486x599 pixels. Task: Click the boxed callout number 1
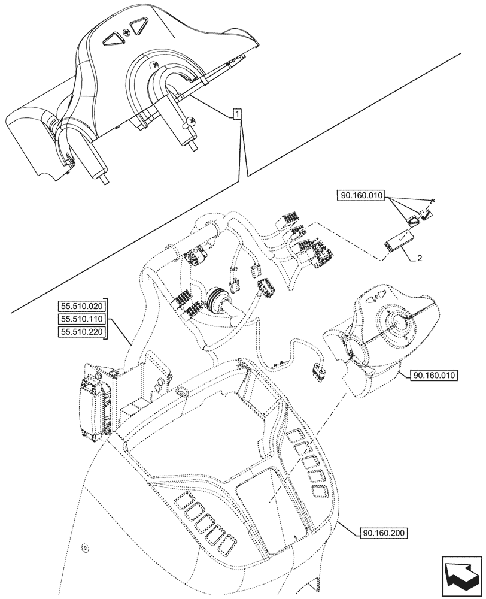coord(238,113)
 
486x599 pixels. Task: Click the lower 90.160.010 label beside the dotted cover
coord(434,376)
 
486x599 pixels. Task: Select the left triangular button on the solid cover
coord(111,40)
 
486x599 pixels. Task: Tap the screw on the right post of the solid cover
coord(192,120)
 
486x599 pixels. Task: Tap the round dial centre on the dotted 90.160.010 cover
coord(396,322)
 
